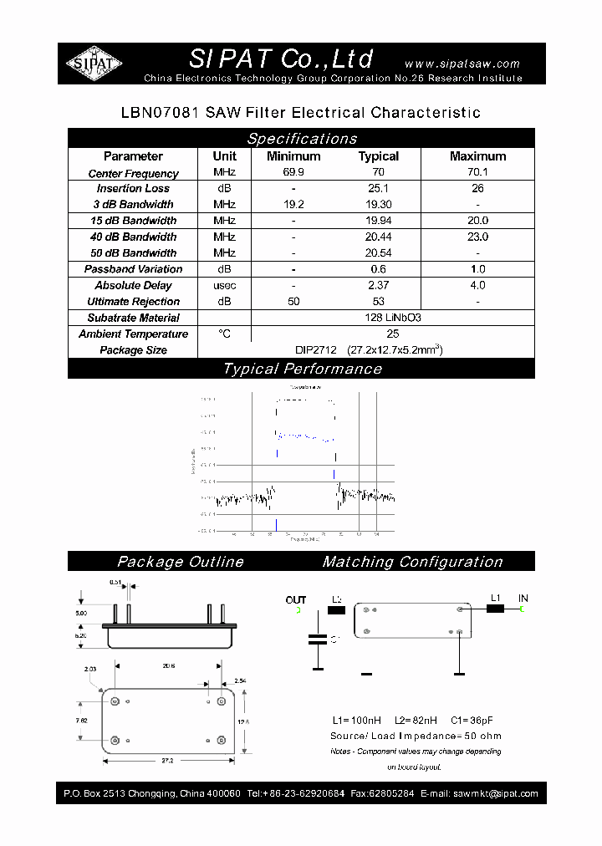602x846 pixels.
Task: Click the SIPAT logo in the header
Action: pos(94,63)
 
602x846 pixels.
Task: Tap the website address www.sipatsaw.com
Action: pos(462,64)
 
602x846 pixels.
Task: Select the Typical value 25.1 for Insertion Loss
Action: pos(379,189)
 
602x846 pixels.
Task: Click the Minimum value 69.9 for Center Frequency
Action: pos(293,173)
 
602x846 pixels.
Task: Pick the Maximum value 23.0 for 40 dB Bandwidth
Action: pos(477,237)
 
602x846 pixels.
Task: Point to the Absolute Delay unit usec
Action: pos(224,286)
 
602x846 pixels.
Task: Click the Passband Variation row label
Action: pos(133,269)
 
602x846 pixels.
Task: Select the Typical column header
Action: pos(379,156)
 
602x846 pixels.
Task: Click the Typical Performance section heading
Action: pos(302,369)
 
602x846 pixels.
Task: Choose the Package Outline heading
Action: pos(181,562)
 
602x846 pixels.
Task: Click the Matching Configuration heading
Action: pos(412,562)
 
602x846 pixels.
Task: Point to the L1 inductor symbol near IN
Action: pos(495,609)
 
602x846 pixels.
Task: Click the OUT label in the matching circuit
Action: pos(296,599)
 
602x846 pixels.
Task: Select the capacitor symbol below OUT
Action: pos(318,640)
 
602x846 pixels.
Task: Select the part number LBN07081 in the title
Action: pos(156,112)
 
